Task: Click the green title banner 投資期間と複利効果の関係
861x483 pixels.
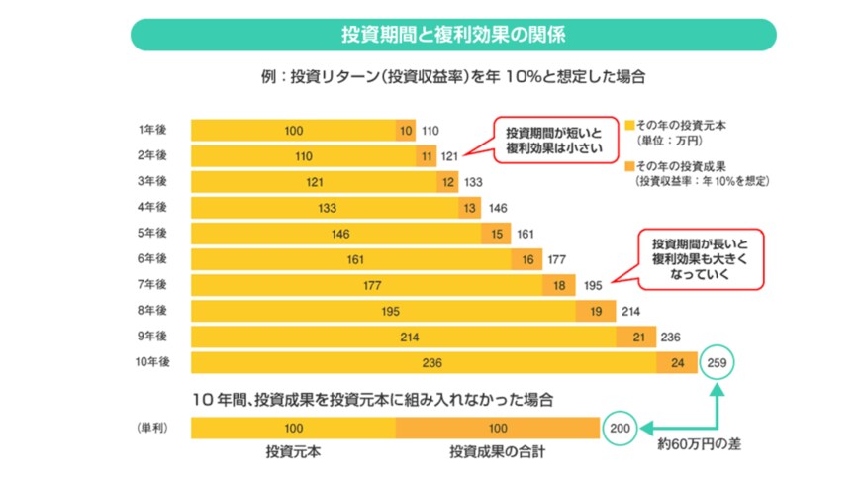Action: (453, 35)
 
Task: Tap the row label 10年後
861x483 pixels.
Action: (152, 362)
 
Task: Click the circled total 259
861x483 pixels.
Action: (719, 363)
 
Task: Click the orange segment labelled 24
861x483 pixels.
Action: (677, 363)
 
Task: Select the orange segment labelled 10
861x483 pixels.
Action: (406, 130)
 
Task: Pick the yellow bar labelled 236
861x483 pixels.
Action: (424, 363)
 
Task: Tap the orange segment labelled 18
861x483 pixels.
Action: (559, 285)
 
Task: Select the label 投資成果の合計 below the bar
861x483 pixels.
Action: (497, 452)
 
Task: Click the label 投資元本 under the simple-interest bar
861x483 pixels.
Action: (292, 452)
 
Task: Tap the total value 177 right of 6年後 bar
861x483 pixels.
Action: (557, 259)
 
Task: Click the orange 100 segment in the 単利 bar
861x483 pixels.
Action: (497, 428)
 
